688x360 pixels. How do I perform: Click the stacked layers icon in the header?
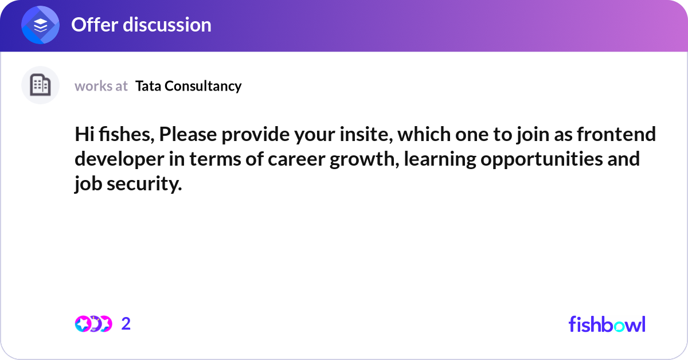pos(40,25)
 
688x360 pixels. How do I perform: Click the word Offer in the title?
pos(95,25)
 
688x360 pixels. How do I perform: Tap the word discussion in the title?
pos(167,25)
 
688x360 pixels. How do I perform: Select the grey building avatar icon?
pos(40,85)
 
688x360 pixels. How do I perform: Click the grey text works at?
pos(101,86)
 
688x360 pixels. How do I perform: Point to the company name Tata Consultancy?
pos(188,86)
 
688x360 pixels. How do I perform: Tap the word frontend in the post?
pos(616,134)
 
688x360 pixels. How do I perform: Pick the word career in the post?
pos(296,159)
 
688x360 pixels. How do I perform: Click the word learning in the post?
pos(440,160)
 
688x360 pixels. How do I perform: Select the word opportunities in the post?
pos(542,160)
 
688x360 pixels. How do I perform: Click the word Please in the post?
pos(188,134)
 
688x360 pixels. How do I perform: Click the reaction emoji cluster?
pos(93,324)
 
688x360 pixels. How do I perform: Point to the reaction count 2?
pos(126,324)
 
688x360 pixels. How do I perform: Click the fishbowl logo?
pos(607,324)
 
